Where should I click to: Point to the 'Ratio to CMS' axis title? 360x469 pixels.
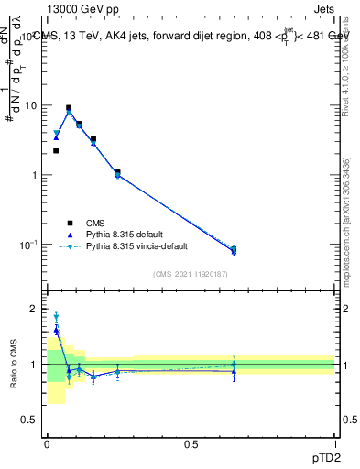(x=13, y=365)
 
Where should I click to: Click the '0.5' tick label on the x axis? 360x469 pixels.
(x=191, y=443)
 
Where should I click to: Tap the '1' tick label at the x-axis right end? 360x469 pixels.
(x=335, y=443)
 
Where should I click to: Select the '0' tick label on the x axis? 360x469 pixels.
(x=47, y=443)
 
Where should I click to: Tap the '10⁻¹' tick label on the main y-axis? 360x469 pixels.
(x=27, y=245)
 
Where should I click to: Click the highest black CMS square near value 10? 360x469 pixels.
(x=69, y=108)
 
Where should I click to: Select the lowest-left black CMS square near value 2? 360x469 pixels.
(x=56, y=151)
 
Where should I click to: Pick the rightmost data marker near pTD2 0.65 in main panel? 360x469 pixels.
(x=233, y=250)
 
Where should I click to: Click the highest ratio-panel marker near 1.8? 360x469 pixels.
(x=56, y=316)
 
